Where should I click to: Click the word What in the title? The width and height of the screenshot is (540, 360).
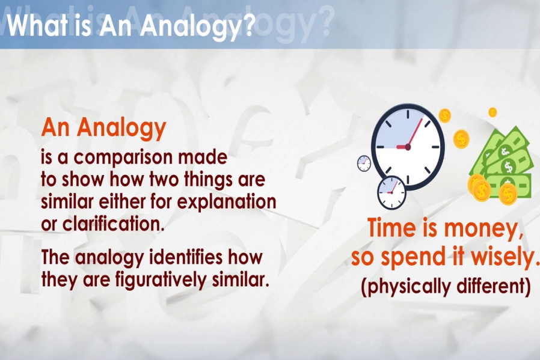pyautogui.click(x=37, y=25)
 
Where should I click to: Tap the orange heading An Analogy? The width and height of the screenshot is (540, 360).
pyautogui.click(x=103, y=128)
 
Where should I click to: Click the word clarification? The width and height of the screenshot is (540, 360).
pyautogui.click(x=111, y=224)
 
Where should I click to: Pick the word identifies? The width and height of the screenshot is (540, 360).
pyautogui.click(x=186, y=257)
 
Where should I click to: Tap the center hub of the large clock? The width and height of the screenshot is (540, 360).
pyautogui.click(x=408, y=147)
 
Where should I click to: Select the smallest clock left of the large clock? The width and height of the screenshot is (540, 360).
pyautogui.click(x=364, y=163)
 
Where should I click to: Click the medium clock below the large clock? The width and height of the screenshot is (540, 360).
pyautogui.click(x=391, y=192)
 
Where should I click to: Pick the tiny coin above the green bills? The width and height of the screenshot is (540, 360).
pyautogui.click(x=493, y=112)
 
